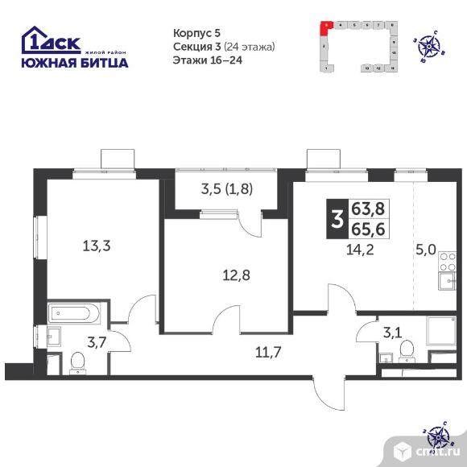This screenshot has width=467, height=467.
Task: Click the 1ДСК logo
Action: pos(50,39)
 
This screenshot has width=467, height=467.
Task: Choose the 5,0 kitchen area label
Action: pos(427,251)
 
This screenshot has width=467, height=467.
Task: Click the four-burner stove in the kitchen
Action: pos(449,262)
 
